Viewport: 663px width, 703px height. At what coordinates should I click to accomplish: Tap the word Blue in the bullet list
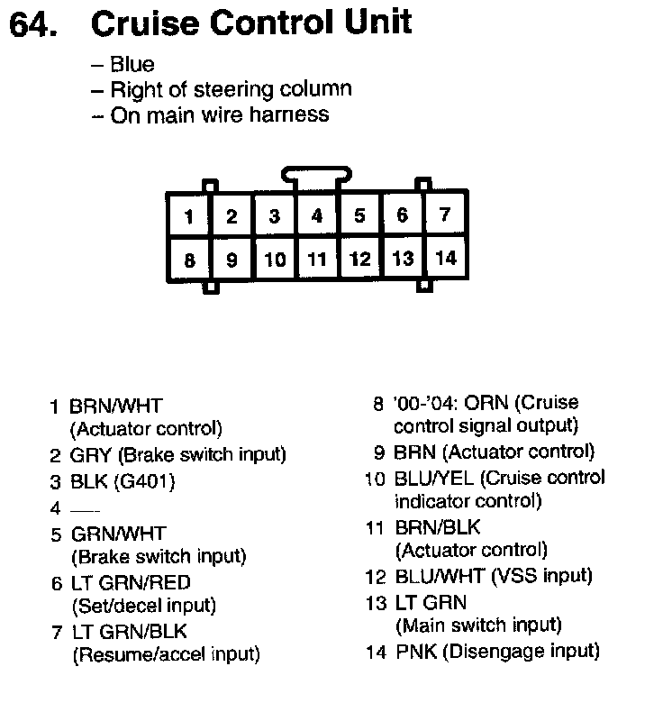pyautogui.click(x=132, y=65)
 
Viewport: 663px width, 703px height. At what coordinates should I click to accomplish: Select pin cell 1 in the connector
pyautogui.click(x=188, y=216)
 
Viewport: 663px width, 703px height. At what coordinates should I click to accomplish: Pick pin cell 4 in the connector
pyautogui.click(x=316, y=216)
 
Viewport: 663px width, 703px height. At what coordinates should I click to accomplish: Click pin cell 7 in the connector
pyautogui.click(x=445, y=215)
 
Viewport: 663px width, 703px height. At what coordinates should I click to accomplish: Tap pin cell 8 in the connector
pyautogui.click(x=188, y=260)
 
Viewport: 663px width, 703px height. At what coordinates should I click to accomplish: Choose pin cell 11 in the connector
pyautogui.click(x=316, y=260)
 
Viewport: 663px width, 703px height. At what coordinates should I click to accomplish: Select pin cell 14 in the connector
pyautogui.click(x=445, y=258)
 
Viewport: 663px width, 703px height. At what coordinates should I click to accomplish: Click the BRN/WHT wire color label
pyautogui.click(x=116, y=406)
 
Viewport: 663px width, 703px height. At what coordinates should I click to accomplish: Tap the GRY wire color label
pyautogui.click(x=90, y=455)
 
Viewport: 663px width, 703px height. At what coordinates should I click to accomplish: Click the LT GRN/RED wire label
pyautogui.click(x=131, y=583)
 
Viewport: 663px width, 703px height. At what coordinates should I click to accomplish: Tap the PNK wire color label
pyautogui.click(x=413, y=652)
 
